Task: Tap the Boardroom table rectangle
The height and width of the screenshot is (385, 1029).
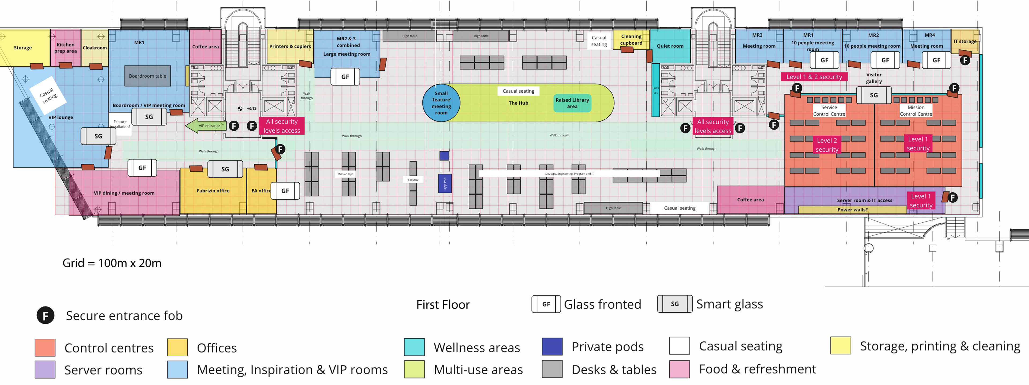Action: point(147,76)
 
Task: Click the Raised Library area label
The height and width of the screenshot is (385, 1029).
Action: point(572,103)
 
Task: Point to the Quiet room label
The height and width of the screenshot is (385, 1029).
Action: point(670,46)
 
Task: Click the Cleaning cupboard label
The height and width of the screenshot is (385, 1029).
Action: point(631,40)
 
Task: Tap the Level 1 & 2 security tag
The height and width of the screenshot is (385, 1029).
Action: point(814,77)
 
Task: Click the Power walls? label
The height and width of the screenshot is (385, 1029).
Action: point(852,209)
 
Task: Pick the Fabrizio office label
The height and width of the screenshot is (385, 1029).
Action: point(213,191)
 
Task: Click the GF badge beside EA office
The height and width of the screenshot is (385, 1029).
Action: point(285,191)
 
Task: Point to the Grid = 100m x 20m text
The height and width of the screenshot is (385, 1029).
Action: point(112,263)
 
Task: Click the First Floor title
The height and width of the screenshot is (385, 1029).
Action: point(443,304)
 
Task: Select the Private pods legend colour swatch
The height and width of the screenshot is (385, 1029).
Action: point(552,346)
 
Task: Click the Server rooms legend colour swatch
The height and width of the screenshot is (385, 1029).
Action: point(45,369)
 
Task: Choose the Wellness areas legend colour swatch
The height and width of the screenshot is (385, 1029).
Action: point(414,347)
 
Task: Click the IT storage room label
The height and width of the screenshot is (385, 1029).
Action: point(965,41)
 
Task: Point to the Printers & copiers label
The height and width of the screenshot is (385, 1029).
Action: point(290,46)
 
